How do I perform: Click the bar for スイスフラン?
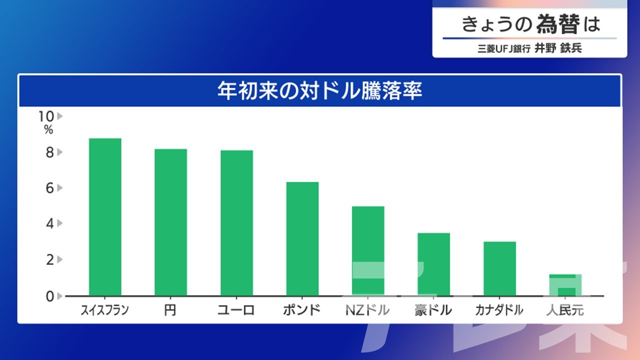(x=105, y=217)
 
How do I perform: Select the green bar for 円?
(x=171, y=222)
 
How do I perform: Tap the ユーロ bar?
(x=236, y=223)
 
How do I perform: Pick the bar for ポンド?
(x=302, y=239)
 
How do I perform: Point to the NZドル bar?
(x=368, y=251)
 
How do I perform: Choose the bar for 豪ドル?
(x=433, y=264)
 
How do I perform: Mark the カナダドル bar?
(x=499, y=269)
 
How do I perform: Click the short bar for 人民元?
(x=565, y=285)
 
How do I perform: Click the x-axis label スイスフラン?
(x=105, y=310)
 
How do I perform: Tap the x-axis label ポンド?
(x=302, y=310)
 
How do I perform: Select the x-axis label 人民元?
(x=565, y=310)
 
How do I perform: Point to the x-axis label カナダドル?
(x=499, y=310)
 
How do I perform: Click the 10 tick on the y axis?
(x=46, y=116)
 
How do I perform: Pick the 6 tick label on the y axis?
(x=49, y=188)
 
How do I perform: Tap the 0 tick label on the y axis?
(x=49, y=296)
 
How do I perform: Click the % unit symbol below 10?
(x=48, y=129)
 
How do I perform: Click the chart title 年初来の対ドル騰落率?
(x=319, y=91)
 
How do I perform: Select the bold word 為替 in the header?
(x=558, y=24)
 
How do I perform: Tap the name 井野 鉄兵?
(x=558, y=48)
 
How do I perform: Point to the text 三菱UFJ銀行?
(x=504, y=48)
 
